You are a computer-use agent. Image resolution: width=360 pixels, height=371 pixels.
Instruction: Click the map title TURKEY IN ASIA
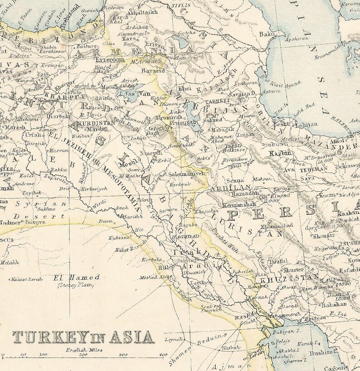[83, 337]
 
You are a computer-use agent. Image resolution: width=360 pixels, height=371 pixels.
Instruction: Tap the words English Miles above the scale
[84, 350]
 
